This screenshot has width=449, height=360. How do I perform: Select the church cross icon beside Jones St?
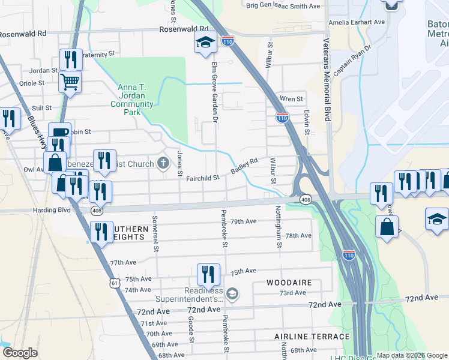(163, 163)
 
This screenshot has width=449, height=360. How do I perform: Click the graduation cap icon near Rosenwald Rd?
(205, 43)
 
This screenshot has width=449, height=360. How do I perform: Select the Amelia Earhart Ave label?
(357, 22)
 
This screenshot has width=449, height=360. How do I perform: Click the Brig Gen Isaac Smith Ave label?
(283, 6)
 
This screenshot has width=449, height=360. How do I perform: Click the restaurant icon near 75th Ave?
(208, 275)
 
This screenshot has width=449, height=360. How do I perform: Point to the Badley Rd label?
(244, 166)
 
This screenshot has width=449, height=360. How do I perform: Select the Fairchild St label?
(203, 178)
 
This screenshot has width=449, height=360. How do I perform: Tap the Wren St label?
(292, 99)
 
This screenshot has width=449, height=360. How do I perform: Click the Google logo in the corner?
(20, 353)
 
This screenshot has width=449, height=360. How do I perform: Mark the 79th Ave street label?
(244, 221)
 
